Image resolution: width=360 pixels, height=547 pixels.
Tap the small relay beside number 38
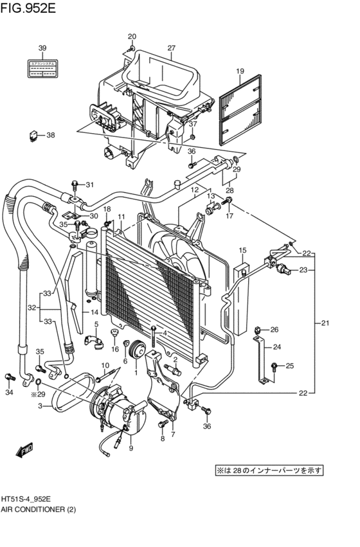(33, 136)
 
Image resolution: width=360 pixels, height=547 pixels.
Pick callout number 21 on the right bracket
(325, 323)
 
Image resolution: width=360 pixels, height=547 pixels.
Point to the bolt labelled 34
(9, 377)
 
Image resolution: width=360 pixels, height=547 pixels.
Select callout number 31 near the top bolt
(90, 186)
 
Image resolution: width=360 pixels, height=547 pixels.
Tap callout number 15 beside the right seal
(242, 250)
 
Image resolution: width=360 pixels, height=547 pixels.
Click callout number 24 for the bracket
(278, 348)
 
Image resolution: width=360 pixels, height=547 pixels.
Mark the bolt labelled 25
(274, 366)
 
